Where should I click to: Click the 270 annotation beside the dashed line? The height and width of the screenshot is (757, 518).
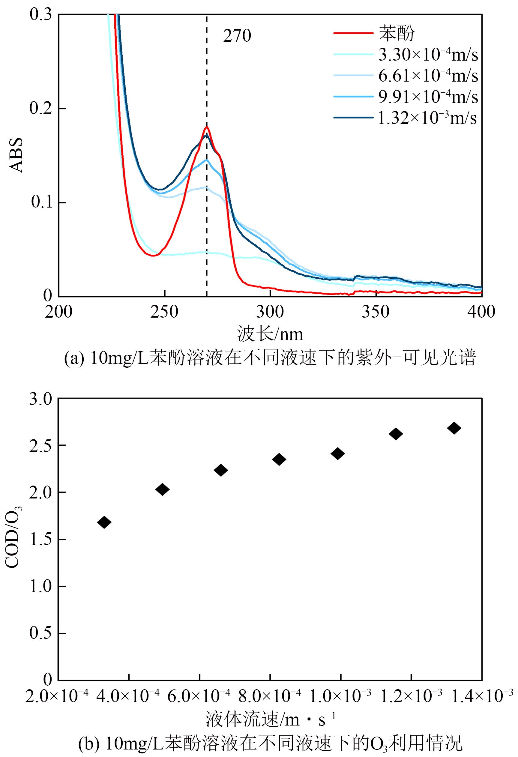pos(237,36)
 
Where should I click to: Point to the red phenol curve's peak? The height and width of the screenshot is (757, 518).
pos(207,127)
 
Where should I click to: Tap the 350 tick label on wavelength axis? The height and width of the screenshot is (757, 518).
pos(376,312)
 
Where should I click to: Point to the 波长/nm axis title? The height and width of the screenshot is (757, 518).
pos(271,334)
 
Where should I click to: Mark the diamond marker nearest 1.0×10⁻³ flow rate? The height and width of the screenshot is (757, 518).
pos(337,453)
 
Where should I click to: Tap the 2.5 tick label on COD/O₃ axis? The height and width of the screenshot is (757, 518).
pos(41,446)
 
